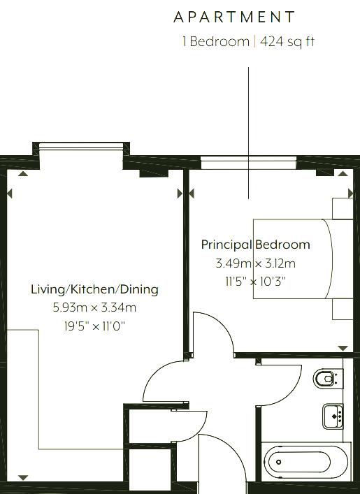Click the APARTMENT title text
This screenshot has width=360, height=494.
click(234, 17)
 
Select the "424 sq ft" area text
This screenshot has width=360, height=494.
click(287, 42)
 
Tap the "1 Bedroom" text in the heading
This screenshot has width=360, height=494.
click(216, 42)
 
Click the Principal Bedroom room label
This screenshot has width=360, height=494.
click(256, 245)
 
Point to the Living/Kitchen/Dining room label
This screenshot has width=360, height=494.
click(94, 289)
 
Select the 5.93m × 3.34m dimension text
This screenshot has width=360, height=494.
click(94, 307)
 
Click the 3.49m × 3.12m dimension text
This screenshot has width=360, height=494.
click(256, 263)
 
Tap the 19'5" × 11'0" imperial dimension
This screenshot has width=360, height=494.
click(94, 326)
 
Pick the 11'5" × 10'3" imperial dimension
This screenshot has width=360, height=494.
click(256, 281)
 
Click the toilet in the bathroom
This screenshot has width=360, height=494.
click(328, 379)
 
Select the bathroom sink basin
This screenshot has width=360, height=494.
click(333, 416)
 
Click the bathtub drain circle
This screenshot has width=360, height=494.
click(279, 462)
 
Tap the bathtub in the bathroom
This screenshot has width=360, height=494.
click(305, 462)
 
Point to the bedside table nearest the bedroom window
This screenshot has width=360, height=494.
click(343, 208)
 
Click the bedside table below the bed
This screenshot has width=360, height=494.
click(343, 309)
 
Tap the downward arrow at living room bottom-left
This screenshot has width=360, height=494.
click(23, 478)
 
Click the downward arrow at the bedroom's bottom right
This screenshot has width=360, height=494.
click(343, 348)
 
